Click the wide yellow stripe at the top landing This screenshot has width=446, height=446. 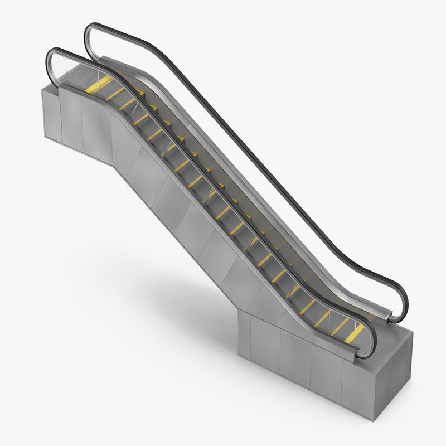pyautogui.click(x=99, y=85)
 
